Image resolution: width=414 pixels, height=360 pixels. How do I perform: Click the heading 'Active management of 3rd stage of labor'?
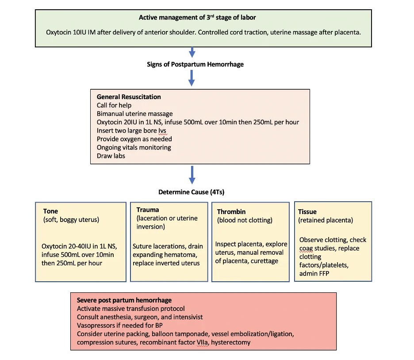(197, 18)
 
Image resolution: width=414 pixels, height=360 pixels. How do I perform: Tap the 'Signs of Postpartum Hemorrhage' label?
(195, 64)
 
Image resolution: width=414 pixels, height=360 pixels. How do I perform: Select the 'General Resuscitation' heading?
(129, 97)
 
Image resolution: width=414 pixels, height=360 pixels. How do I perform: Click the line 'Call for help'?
(114, 105)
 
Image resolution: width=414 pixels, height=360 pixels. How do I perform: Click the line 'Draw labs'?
(111, 156)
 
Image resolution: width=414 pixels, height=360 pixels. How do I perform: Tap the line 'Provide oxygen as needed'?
(134, 139)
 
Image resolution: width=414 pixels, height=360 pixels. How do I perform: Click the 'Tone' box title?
(50, 211)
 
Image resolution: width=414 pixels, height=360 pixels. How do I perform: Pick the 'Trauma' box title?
(148, 210)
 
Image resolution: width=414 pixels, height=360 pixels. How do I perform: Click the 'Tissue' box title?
(307, 211)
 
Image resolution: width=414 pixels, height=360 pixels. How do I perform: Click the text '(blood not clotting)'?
(245, 220)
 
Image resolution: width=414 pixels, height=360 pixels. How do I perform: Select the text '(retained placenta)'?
(326, 220)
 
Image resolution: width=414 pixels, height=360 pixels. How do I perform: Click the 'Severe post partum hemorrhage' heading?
(124, 300)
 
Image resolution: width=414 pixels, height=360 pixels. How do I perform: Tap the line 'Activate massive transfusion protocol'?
(130, 309)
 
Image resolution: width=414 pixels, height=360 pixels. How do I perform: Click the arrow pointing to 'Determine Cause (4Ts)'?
(192, 175)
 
